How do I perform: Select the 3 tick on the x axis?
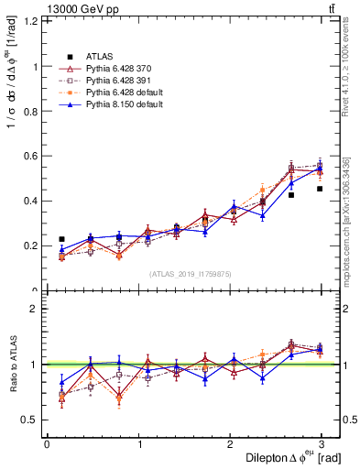322,443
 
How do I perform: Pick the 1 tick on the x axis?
138,443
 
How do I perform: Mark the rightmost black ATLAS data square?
320,189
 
